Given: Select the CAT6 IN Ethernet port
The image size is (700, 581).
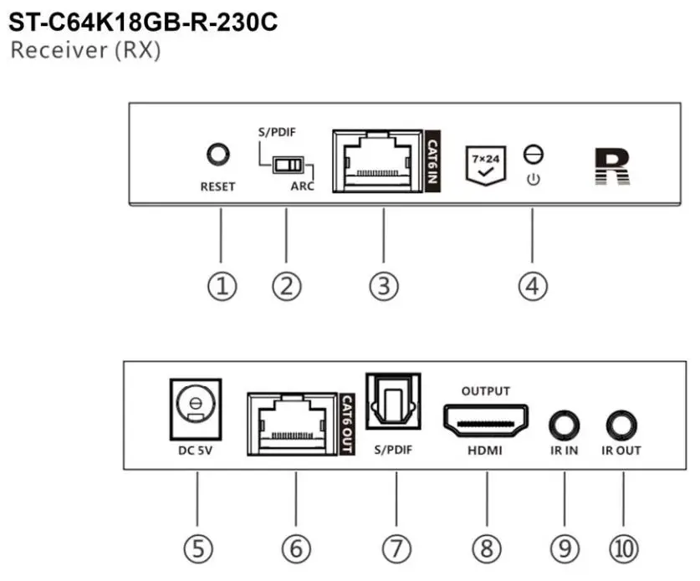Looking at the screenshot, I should coord(377,160).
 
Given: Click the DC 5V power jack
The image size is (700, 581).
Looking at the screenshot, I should coord(196,406).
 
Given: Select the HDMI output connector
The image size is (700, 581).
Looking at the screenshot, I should coord(485,420).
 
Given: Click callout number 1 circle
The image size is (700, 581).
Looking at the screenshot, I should coord(221,287).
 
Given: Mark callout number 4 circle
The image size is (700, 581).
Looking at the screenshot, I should coord(532,287).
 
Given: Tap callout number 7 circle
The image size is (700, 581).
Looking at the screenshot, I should coord(397,548).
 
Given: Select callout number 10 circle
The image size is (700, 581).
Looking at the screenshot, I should coord(623,548).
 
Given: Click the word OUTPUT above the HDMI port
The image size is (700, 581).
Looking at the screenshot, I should coord(486,390).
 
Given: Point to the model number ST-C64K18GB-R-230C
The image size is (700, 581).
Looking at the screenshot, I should coord(142,21).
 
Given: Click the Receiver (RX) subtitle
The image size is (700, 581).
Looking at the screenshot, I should coord(85,50).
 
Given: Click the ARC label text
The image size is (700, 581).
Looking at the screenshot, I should coord(303,186).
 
